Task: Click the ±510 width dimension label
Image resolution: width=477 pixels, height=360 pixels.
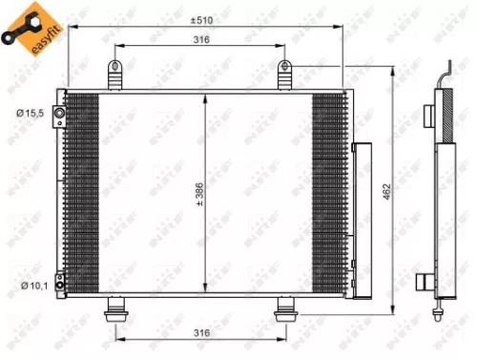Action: (201, 19)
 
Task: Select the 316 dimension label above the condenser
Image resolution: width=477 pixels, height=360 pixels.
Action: (201, 40)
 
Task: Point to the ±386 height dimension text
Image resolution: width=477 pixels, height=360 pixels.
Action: (199, 193)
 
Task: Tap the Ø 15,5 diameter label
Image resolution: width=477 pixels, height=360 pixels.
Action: (29, 115)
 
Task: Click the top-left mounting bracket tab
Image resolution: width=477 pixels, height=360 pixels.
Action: (116, 74)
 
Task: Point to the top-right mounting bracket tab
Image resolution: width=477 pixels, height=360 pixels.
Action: (284, 74)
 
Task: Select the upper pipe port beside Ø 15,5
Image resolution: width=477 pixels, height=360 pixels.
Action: (59, 116)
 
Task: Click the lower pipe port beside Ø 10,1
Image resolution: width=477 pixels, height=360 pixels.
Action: (59, 283)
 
